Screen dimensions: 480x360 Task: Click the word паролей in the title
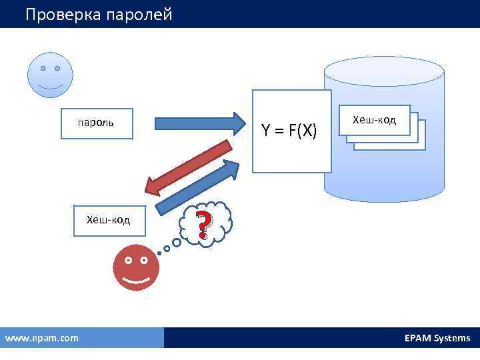(139, 14)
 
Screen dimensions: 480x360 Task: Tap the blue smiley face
(50, 75)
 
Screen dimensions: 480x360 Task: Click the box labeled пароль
(97, 123)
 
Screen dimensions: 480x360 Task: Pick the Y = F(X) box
(291, 131)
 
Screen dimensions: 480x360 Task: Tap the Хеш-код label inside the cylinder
(374, 120)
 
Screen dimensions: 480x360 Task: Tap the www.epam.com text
(42, 338)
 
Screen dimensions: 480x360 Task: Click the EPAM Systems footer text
(437, 338)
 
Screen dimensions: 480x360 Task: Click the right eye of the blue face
(57, 69)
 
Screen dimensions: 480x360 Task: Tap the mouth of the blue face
(50, 87)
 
